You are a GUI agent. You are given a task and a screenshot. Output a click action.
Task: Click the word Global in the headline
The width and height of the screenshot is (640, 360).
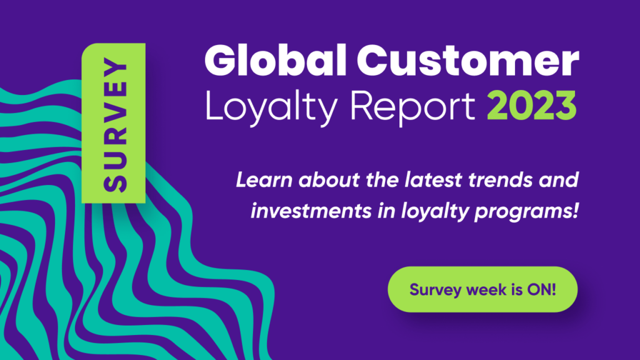pos(276,61)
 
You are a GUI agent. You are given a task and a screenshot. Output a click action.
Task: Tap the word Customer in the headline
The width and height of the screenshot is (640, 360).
pos(467,61)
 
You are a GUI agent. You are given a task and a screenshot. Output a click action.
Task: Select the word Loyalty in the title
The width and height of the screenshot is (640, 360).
pos(271,107)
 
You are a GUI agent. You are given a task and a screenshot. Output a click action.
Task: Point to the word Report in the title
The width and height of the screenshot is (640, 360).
pos(412,107)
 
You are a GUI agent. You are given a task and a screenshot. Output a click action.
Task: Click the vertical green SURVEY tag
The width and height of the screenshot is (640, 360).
pos(114,123)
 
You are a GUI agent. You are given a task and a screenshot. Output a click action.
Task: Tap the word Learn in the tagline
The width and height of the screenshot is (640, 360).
pos(264,179)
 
